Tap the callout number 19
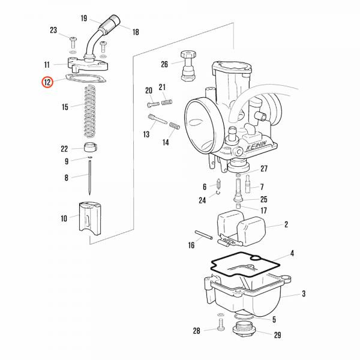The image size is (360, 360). click(x=83, y=18)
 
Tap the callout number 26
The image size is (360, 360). click(x=164, y=64)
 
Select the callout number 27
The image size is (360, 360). click(x=264, y=169)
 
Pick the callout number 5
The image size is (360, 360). click(x=274, y=320)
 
